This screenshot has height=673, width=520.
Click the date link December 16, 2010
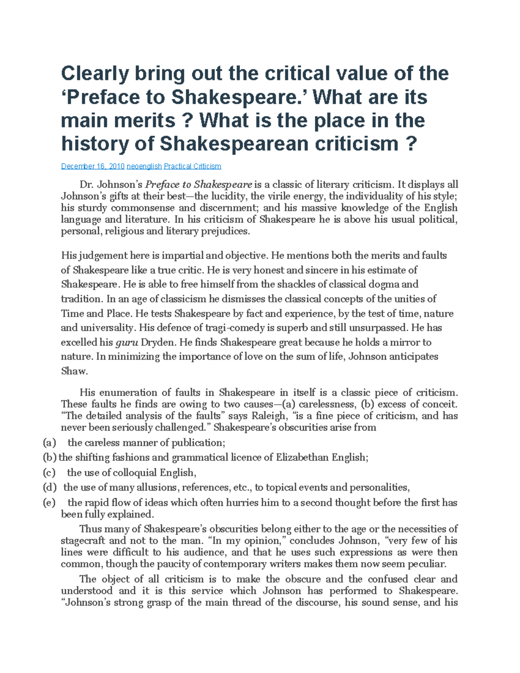click(x=93, y=166)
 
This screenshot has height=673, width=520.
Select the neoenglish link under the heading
click(x=144, y=166)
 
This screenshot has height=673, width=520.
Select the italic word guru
click(x=127, y=342)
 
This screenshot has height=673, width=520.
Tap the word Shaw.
click(x=74, y=371)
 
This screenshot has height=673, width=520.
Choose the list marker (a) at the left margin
click(x=50, y=442)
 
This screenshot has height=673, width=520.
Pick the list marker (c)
click(x=49, y=472)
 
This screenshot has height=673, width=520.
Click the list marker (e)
click(x=49, y=503)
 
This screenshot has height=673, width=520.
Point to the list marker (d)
click(x=50, y=488)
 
